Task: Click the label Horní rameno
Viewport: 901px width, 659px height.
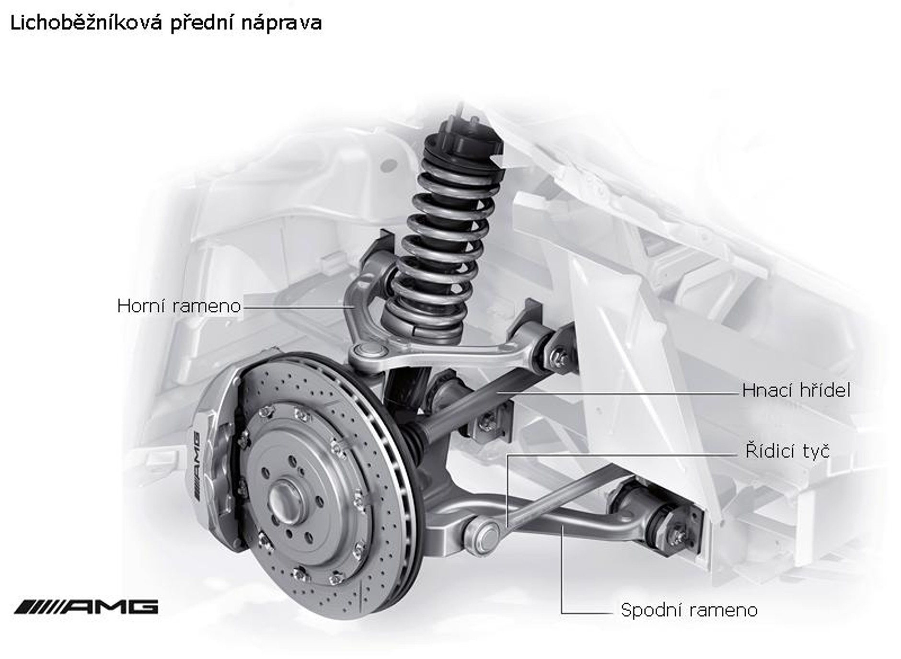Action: coord(178,306)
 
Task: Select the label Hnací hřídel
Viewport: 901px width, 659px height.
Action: coord(796,391)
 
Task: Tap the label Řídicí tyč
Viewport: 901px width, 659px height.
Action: coord(787,451)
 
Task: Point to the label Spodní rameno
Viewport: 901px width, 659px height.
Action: coord(689,610)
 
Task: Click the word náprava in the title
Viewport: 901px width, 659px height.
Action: coord(281,23)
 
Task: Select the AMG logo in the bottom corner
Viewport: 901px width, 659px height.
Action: coord(86,607)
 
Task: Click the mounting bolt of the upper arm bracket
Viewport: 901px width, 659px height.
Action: coord(559,357)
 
